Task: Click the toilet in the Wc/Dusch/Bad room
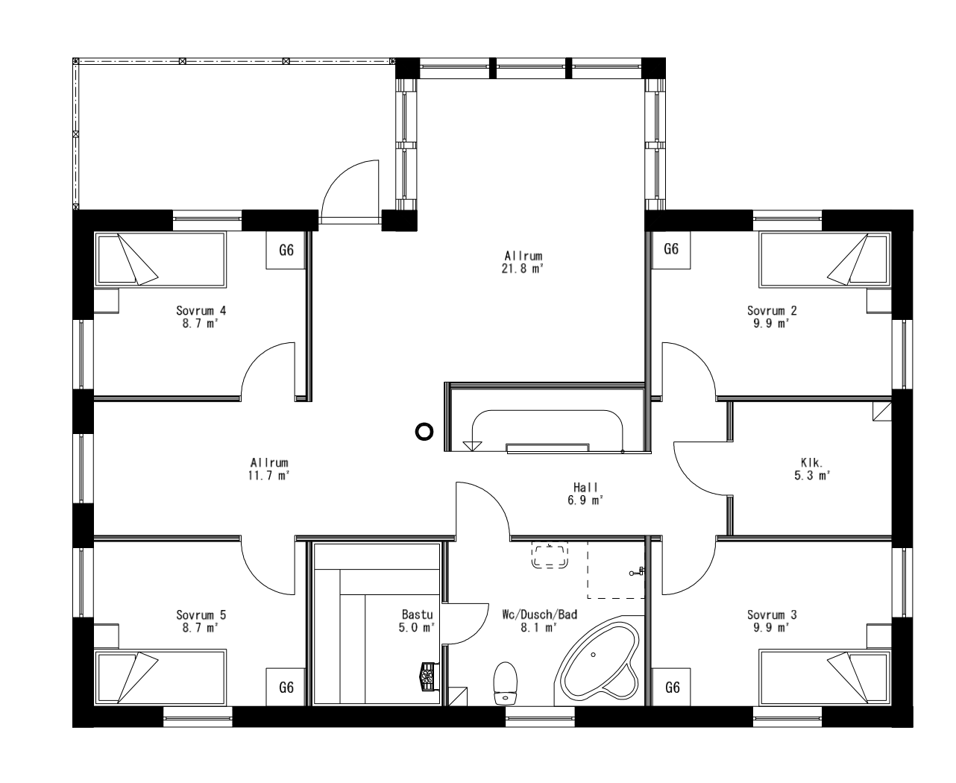[506, 682]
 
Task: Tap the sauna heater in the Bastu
[428, 676]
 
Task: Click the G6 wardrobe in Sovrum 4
[286, 251]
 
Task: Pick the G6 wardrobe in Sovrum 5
[286, 688]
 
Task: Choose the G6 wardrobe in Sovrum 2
[671, 249]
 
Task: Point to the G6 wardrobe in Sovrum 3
[672, 688]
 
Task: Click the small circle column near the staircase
[424, 431]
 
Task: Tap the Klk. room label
[811, 462]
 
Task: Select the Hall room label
[585, 488]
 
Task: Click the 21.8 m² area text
[522, 269]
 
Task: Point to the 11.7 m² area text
[269, 475]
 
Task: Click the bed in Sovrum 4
[160, 259]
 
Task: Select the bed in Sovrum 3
[824, 676]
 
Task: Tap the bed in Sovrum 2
[824, 260]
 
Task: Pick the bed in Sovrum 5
[160, 676]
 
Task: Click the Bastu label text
[417, 614]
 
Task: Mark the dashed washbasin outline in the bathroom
[550, 556]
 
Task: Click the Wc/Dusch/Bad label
[540, 614]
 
